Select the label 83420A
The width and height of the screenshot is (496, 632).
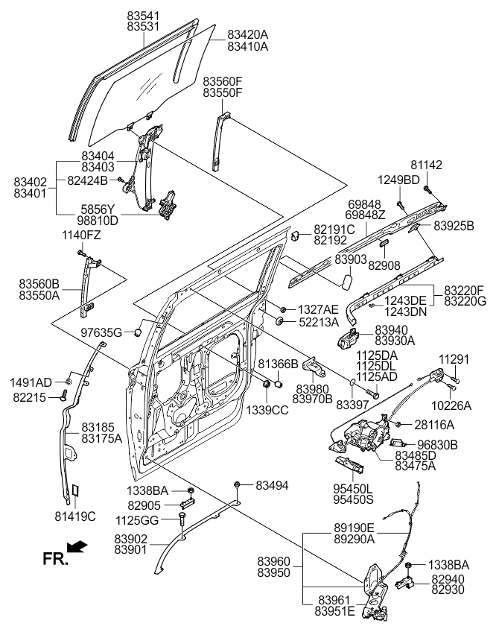point(248,34)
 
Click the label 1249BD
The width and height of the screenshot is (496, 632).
point(399,180)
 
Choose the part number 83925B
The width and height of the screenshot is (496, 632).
point(454,224)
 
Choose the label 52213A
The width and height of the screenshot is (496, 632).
point(319,321)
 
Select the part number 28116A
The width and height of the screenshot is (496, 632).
point(435,425)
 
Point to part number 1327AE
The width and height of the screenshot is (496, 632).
point(319,309)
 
